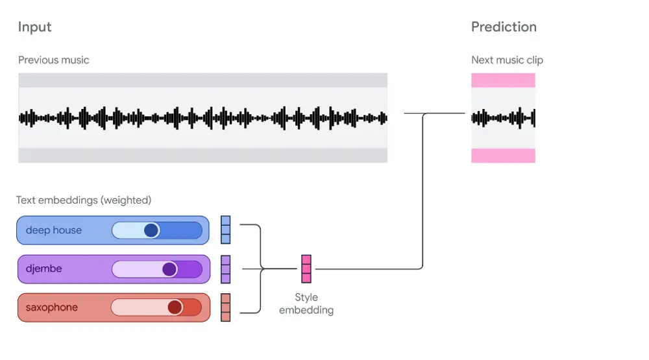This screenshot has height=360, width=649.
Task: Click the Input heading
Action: pyautogui.click(x=34, y=27)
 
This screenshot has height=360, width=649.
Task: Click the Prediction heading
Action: pyautogui.click(x=504, y=27)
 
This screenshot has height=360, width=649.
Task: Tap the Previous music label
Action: pyautogui.click(x=54, y=60)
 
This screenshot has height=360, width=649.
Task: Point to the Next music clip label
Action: pyautogui.click(x=507, y=60)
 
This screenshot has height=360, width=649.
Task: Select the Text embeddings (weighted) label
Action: pyautogui.click(x=84, y=200)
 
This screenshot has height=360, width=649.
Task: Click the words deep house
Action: pyautogui.click(x=54, y=230)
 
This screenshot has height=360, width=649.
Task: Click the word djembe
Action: pyautogui.click(x=44, y=269)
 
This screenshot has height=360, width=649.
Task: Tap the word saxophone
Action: pyautogui.click(x=52, y=307)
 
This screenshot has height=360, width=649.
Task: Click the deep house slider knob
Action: pyautogui.click(x=151, y=230)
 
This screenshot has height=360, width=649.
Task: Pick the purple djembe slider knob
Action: pyautogui.click(x=169, y=269)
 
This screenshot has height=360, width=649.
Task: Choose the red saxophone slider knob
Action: pyautogui.click(x=175, y=307)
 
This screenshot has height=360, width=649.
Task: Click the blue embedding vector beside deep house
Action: pyautogui.click(x=226, y=230)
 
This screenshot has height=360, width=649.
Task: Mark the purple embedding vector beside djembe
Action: pyautogui.click(x=226, y=269)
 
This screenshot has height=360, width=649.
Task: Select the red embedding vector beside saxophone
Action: pyautogui.click(x=226, y=307)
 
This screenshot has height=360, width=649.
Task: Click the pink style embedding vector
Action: pyautogui.click(x=306, y=269)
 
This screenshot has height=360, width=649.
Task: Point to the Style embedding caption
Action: pyautogui.click(x=306, y=304)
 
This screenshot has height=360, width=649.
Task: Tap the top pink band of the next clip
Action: pyautogui.click(x=503, y=80)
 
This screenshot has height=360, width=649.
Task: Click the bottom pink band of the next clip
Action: pyautogui.click(x=503, y=156)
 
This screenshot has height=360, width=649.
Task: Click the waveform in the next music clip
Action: pyautogui.click(x=503, y=118)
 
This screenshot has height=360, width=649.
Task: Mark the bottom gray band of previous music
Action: pyautogui.click(x=202, y=156)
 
